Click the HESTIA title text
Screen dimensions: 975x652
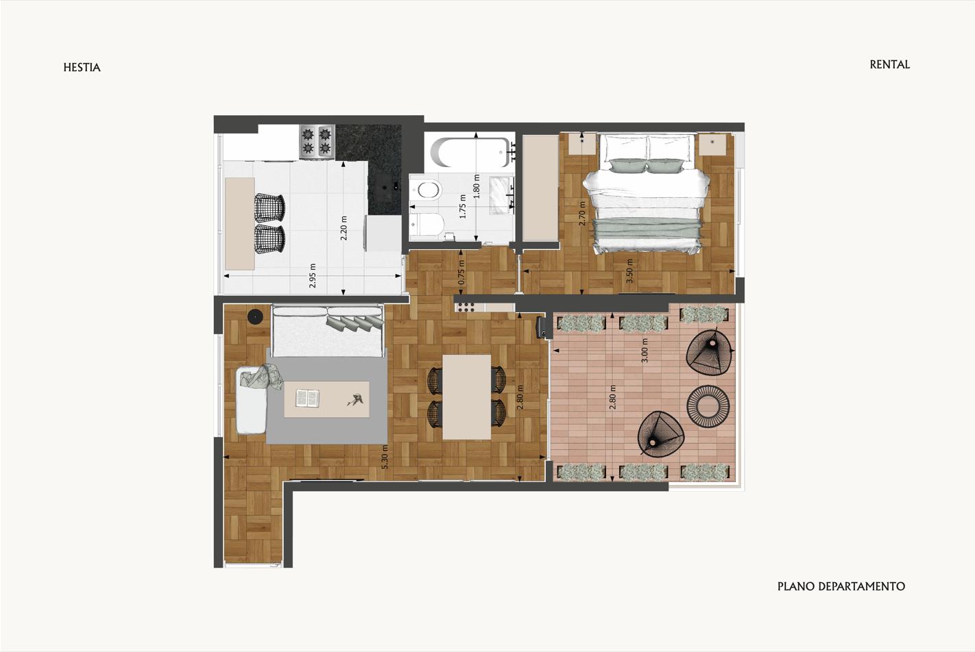tap(82, 67)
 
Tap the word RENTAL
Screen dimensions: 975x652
tap(890, 65)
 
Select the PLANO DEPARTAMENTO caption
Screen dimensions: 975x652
tap(841, 586)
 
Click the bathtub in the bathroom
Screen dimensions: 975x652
tap(470, 152)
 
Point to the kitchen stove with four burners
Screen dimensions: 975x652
tap(317, 141)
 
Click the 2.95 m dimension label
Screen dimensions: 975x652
tap(313, 275)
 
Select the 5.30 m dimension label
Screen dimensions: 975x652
tap(385, 457)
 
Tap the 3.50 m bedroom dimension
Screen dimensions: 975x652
tap(629, 271)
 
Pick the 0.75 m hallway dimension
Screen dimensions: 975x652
tap(461, 272)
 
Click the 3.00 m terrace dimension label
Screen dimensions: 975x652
tap(645, 351)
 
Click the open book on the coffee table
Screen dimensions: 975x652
tap(307, 398)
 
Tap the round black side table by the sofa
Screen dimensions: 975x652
tap(255, 316)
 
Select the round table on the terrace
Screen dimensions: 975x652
tap(708, 407)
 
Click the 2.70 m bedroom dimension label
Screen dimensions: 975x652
tap(582, 213)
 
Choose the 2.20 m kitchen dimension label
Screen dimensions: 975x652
tap(344, 228)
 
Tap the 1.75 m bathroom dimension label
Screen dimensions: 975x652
tap(463, 206)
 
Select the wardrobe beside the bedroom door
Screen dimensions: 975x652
tap(540, 188)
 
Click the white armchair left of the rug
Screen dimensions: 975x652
tap(252, 401)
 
